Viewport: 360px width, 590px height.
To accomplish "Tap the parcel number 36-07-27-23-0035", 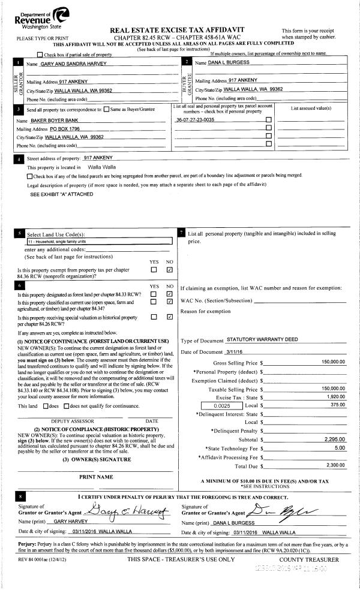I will pos(195,120).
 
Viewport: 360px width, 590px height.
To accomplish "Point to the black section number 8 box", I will pos(21,497).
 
